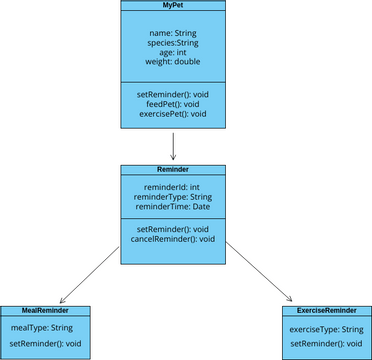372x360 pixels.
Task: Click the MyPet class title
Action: (x=173, y=6)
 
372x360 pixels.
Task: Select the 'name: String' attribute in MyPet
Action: (x=173, y=33)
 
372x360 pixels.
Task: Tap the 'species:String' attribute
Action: (x=173, y=44)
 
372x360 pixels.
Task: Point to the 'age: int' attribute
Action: (x=173, y=54)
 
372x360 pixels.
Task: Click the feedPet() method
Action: (x=173, y=104)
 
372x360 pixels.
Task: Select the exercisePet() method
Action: (x=173, y=114)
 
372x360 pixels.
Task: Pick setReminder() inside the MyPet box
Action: (x=173, y=94)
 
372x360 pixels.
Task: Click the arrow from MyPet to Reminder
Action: (x=173, y=146)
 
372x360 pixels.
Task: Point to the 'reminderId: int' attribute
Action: (x=173, y=187)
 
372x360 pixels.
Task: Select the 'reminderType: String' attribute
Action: (x=173, y=197)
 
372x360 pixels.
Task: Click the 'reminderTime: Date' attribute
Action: (x=173, y=208)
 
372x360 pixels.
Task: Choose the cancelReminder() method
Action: (x=173, y=239)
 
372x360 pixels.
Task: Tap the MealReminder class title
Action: (x=45, y=311)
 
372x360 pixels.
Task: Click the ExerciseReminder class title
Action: (x=326, y=311)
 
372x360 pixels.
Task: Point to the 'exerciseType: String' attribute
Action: (x=326, y=329)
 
